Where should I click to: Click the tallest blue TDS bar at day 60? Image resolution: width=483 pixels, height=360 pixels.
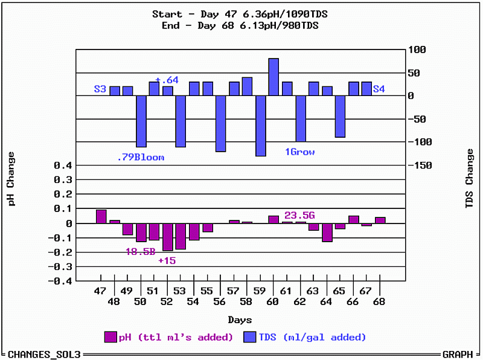coord(273,77)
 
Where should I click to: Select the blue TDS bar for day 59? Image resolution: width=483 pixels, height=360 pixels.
coord(260,126)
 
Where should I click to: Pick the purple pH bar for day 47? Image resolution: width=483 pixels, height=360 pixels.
coord(101,216)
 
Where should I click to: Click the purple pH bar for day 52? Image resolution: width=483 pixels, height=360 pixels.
coord(167,237)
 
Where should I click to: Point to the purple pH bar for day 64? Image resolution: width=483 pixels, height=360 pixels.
coord(327,233)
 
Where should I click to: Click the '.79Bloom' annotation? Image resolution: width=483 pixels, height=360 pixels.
coord(140,158)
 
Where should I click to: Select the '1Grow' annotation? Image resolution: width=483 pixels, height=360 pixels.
coord(299,152)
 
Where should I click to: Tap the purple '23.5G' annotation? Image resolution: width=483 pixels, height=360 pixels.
coord(299,215)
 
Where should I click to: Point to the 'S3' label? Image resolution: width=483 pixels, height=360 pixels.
coord(100,89)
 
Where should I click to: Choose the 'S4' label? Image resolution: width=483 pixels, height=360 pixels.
coord(379,89)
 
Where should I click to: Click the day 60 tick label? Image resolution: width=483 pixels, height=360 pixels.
coord(273,301)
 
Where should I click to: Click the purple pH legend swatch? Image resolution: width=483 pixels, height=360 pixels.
coord(110,336)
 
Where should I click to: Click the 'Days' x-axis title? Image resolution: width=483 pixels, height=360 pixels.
coord(240,320)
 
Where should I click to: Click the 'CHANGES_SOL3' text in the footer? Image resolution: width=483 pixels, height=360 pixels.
coord(44,354)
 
